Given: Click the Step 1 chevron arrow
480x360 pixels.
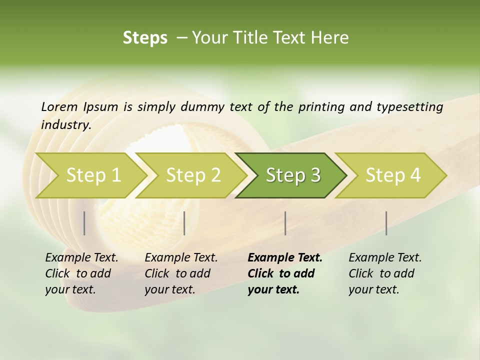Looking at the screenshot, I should pos(93,175).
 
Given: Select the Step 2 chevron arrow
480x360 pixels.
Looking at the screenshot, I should pos(193,175).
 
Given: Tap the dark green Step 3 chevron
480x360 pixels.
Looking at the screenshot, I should pos(293,175).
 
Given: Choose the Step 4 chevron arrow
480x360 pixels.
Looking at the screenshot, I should pos(393,175).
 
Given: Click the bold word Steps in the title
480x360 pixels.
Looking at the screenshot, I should pos(145,38).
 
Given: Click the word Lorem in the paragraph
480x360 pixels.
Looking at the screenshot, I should pos(59,107).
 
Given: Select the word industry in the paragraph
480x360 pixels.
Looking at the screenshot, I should pos(65,125).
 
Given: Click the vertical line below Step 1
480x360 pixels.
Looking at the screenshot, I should pos(84,223).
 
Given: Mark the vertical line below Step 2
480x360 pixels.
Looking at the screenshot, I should pos(184,223).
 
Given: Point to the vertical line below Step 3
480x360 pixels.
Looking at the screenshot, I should pos(285,223).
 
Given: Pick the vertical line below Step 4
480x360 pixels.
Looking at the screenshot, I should pos(386,223).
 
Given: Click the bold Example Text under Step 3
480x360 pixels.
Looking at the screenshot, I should pos(285,258).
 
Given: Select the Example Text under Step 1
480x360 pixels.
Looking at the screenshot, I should pos(81,258).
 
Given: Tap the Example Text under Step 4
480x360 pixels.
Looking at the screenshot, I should pos(385,258).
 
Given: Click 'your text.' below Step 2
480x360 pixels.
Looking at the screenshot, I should pos(170,289).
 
